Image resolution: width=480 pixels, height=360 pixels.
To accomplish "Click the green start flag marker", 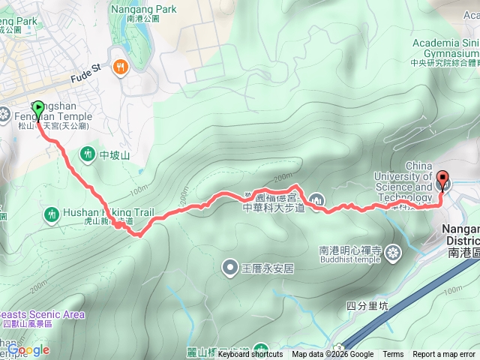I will coord(38,108).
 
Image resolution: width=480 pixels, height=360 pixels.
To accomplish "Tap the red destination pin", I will coord(442,180).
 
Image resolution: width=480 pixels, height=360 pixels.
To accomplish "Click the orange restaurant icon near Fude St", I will coord(120,68).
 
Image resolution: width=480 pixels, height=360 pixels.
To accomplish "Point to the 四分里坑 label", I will coord(367,305).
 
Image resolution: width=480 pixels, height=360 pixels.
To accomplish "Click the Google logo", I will coord(28,349).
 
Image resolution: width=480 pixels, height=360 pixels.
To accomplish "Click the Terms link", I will coord(392,355).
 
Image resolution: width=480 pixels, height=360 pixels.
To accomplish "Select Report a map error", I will coord(445,355).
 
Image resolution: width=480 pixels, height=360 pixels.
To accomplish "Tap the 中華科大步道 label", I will coord(273,208).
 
